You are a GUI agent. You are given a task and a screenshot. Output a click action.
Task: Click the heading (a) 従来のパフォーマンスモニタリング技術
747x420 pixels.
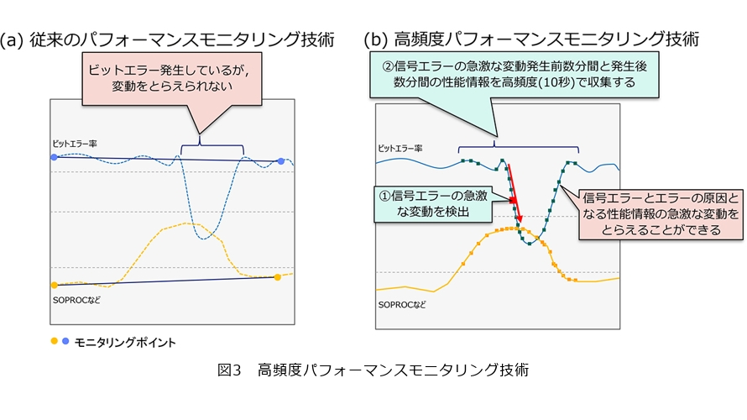(168, 39)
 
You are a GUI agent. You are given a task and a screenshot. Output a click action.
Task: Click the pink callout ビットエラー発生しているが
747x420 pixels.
(173, 80)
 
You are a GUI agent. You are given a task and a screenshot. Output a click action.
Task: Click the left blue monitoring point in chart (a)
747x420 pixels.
(55, 157)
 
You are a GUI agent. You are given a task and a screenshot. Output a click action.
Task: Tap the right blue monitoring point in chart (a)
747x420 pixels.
(281, 161)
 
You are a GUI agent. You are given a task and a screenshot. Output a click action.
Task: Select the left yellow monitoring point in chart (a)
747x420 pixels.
(55, 286)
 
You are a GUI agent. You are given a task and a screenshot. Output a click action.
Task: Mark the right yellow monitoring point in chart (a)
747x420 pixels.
(278, 276)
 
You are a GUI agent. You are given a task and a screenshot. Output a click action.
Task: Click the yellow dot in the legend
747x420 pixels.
(54, 341)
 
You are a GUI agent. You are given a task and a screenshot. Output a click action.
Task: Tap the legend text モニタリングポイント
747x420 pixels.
(125, 342)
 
